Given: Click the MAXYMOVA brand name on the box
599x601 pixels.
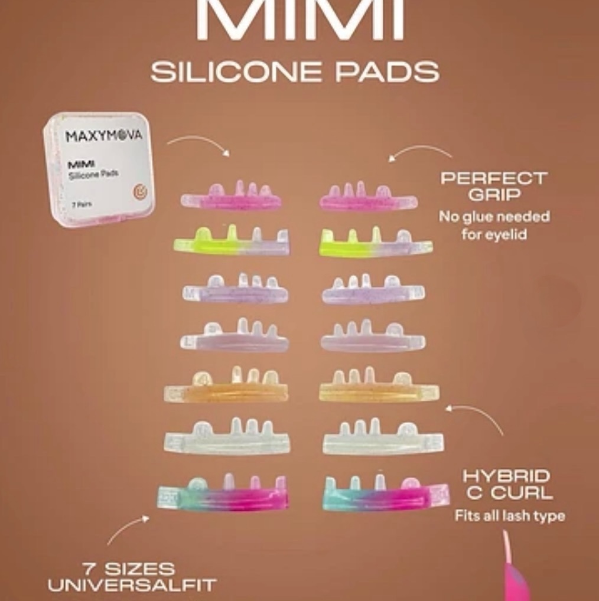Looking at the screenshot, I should click(103, 136).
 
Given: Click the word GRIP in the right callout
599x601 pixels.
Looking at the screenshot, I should click(494, 194).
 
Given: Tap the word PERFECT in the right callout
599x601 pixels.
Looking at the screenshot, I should click(494, 178).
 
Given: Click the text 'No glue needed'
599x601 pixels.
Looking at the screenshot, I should click(494, 217).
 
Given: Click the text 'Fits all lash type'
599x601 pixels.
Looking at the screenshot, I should click(509, 516).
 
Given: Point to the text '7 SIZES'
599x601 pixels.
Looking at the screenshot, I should click(129, 569).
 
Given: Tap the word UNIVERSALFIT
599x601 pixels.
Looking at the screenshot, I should click(132, 586).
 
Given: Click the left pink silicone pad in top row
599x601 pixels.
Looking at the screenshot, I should click(232, 198).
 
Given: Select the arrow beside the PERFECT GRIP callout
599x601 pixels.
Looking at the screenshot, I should click(419, 153).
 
